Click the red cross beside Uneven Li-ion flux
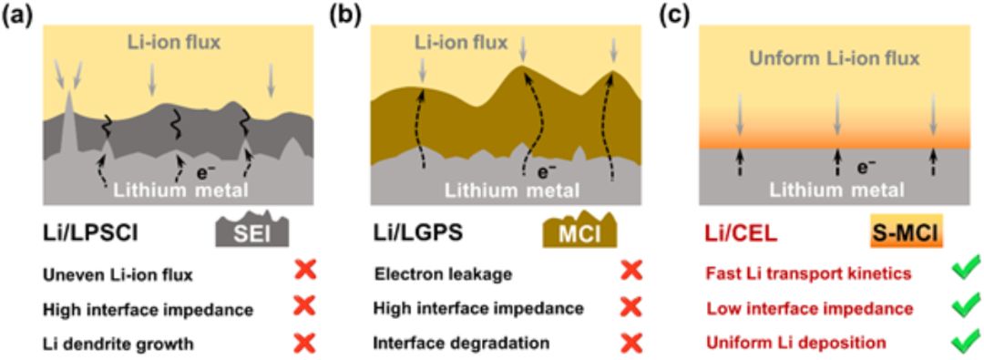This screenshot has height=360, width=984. [306, 272]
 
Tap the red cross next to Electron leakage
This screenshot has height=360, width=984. [632, 272]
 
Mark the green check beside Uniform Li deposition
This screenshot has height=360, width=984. [965, 343]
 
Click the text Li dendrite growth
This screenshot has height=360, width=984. [118, 344]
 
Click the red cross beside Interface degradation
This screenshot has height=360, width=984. [632, 344]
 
